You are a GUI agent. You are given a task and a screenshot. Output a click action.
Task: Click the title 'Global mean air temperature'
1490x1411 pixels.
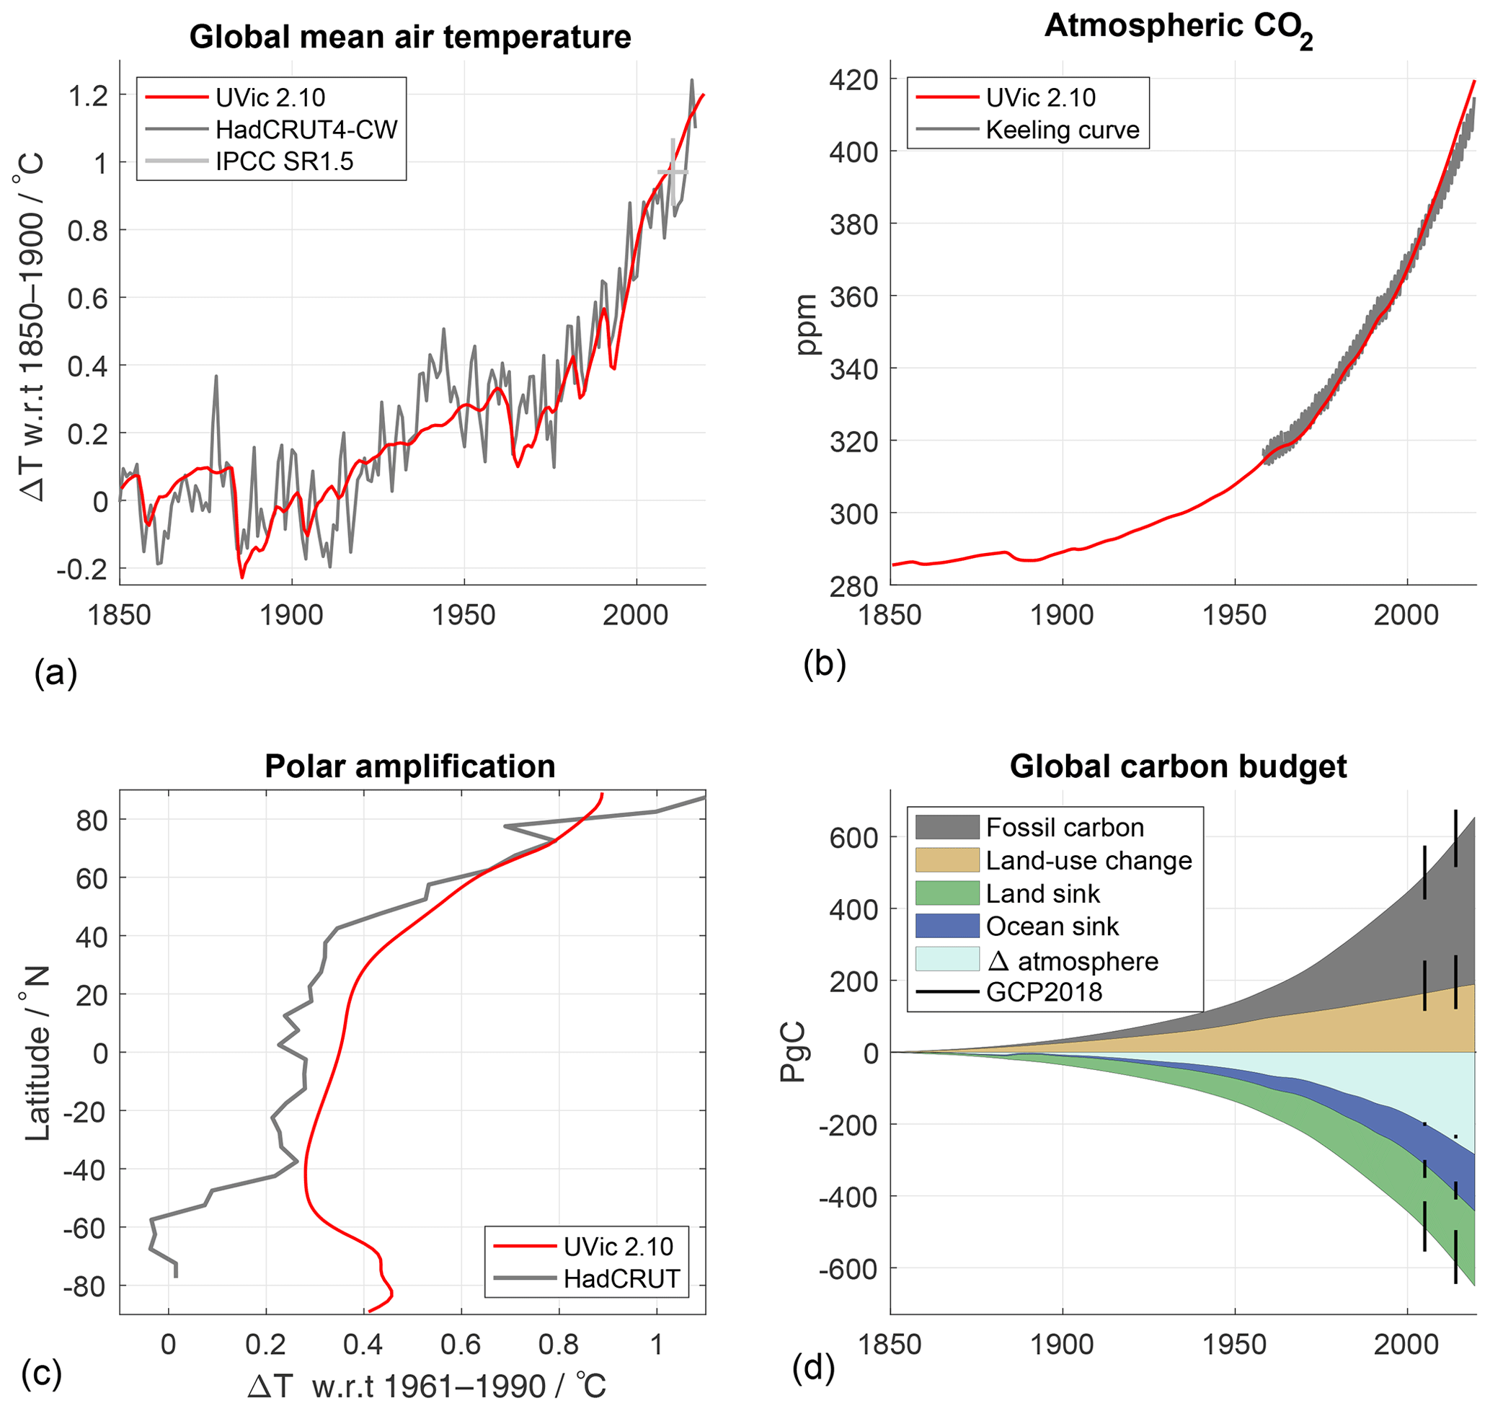coord(410,37)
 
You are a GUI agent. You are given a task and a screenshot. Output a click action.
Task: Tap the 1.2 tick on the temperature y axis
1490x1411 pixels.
coord(89,95)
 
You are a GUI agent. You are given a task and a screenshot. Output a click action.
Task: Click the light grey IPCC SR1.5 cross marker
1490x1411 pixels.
coord(673,172)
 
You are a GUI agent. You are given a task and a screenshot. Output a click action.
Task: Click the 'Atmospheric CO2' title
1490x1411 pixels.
coord(1178,29)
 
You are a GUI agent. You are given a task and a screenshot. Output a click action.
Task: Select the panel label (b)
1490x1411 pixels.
coord(825,664)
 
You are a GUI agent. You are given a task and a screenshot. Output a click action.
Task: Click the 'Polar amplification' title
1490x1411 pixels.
coord(410,766)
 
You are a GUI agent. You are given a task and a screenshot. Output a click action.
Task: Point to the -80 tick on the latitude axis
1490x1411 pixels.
coord(84,1287)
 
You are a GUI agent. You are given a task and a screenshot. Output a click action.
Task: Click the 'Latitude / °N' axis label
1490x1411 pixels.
coord(36,1053)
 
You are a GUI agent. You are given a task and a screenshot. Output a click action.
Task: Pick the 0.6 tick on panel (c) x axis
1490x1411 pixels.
coord(461,1344)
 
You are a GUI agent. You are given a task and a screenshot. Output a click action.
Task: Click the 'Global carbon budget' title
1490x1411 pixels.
coord(1178,766)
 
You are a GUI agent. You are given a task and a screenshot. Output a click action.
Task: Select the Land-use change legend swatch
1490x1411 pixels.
coord(947,860)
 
